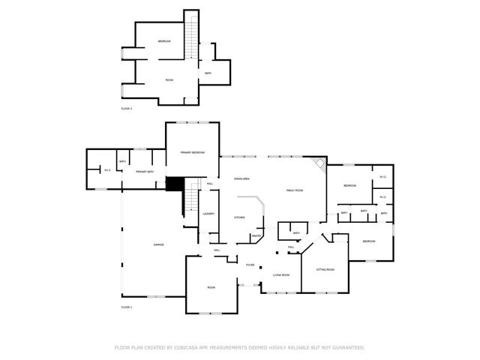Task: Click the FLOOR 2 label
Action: pos(126,109)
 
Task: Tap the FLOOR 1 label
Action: pos(126,307)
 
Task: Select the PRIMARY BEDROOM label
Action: pos(193,152)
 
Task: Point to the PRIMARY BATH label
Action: pos(145,172)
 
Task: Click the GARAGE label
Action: pos(159,245)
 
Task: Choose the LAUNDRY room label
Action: pos(208,214)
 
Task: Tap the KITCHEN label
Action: pos(239,217)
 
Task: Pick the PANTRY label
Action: pos(256,235)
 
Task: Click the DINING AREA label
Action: pos(241,178)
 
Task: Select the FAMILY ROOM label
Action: pos(294,190)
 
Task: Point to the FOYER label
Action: pos(250,265)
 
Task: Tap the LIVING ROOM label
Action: pos(280,275)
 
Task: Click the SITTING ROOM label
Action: pos(325,269)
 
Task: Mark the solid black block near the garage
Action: pos(174,184)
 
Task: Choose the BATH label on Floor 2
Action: pos(208,73)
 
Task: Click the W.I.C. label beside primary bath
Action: pos(107,170)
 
